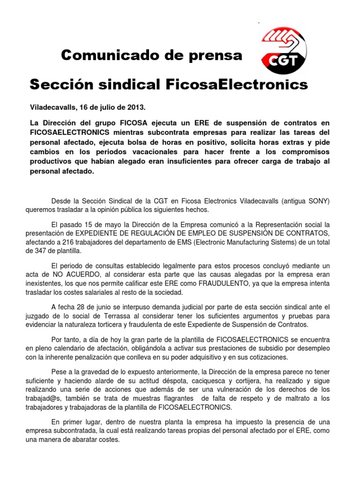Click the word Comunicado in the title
pyautogui.click(x=111, y=56)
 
